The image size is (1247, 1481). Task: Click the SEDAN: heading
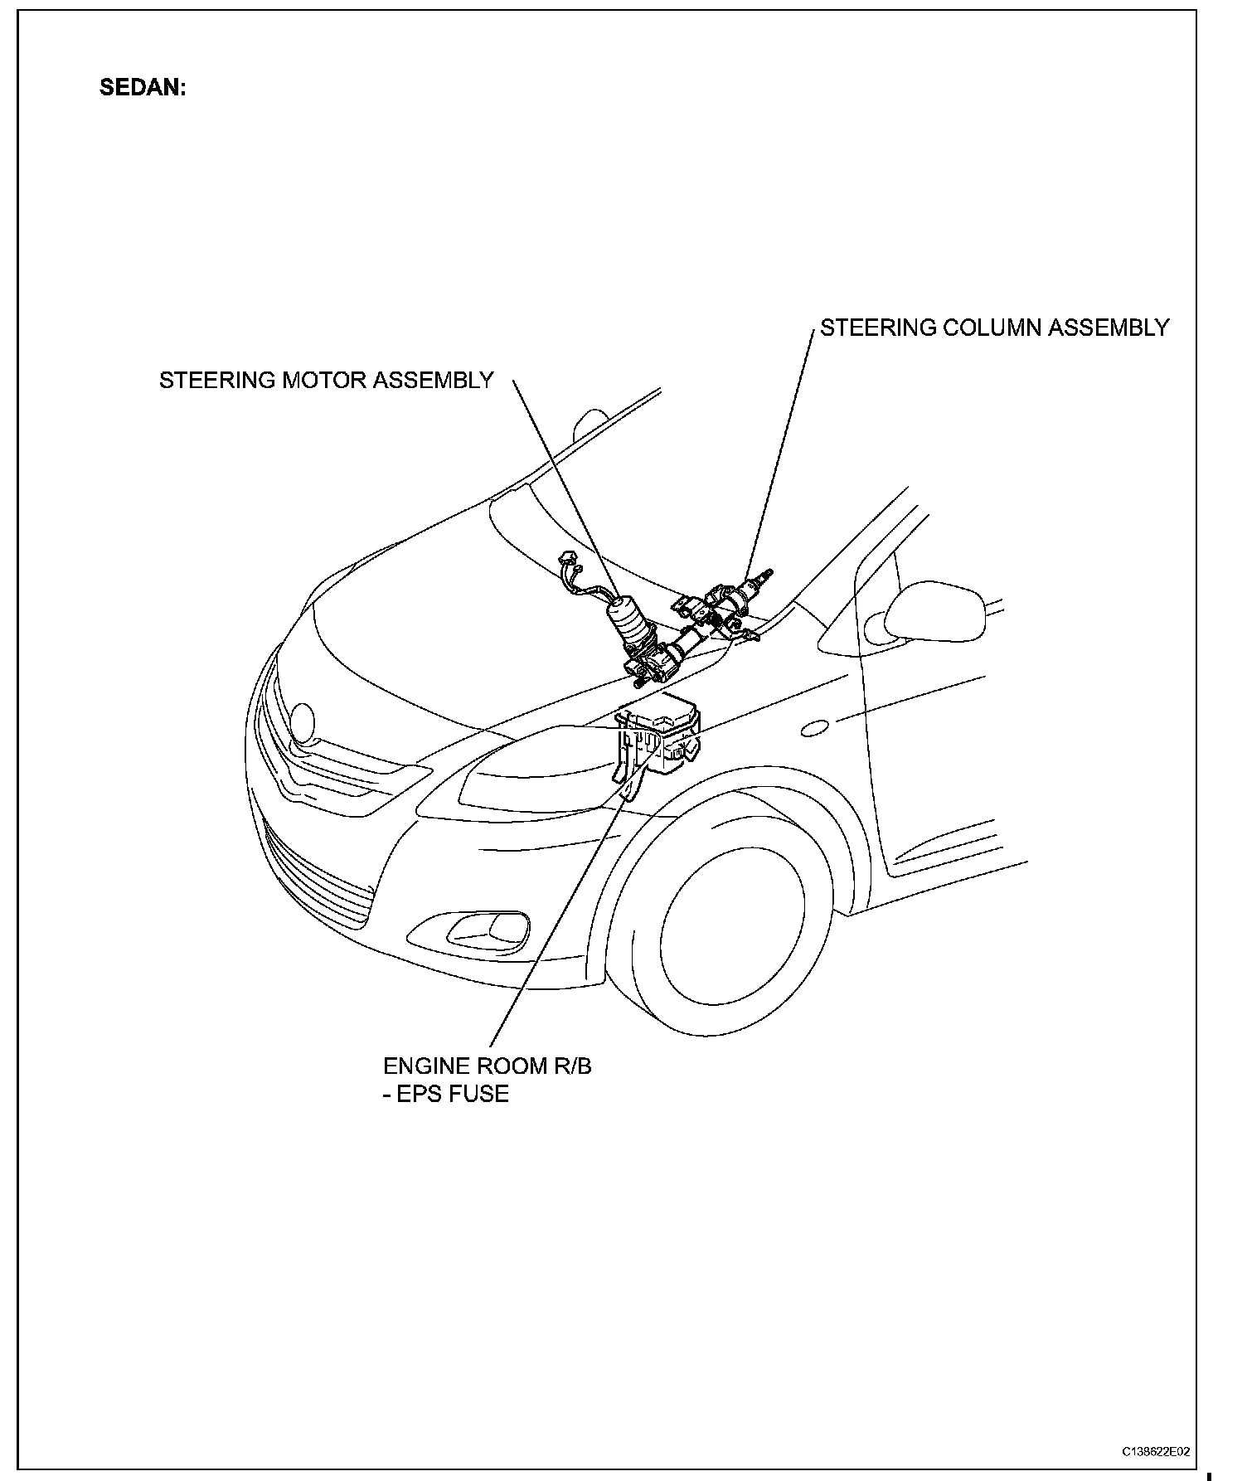point(143,88)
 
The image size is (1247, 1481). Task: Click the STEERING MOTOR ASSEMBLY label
point(326,380)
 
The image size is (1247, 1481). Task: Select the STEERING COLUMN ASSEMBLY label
point(994,328)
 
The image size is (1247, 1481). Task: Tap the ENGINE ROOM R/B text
point(487,1066)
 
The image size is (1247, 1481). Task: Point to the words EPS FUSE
point(453,1094)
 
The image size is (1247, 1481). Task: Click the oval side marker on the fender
point(814,729)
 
